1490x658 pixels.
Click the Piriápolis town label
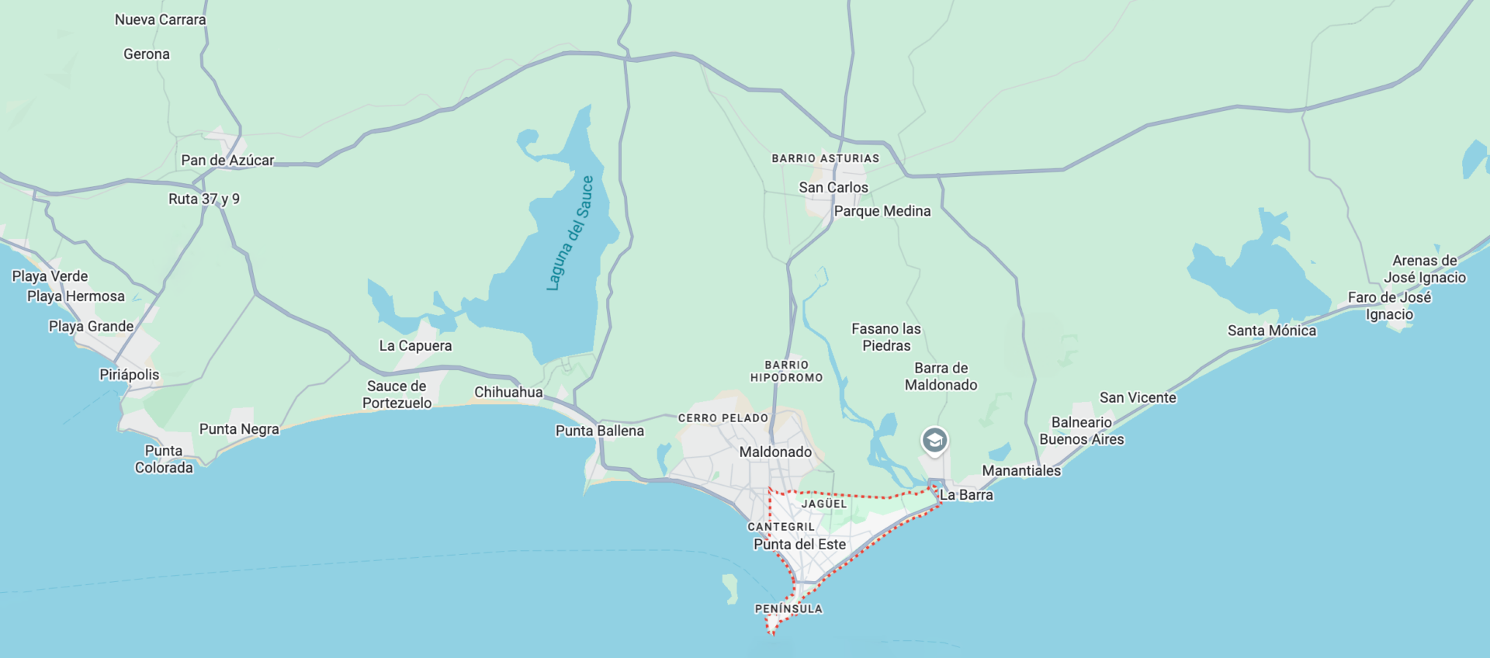pyautogui.click(x=129, y=375)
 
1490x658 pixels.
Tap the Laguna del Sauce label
pyautogui.click(x=570, y=234)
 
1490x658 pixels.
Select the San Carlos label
pyautogui.click(x=833, y=188)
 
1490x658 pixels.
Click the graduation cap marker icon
pyautogui.click(x=934, y=441)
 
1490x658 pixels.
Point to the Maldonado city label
pyautogui.click(x=775, y=452)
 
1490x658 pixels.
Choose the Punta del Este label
pyautogui.click(x=799, y=545)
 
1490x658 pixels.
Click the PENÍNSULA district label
pyautogui.click(x=788, y=609)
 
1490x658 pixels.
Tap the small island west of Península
pyautogui.click(x=730, y=587)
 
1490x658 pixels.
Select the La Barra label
pyautogui.click(x=966, y=495)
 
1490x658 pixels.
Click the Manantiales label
pyautogui.click(x=1021, y=471)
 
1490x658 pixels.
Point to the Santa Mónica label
pyautogui.click(x=1271, y=331)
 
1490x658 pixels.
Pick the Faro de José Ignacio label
pyautogui.click(x=1389, y=306)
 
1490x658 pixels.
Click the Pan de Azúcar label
pyautogui.click(x=227, y=161)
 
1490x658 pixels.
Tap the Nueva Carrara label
pyautogui.click(x=161, y=20)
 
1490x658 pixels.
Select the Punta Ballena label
pyautogui.click(x=599, y=431)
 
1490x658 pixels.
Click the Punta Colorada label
pyautogui.click(x=164, y=459)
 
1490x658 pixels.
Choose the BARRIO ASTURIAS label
pyautogui.click(x=825, y=158)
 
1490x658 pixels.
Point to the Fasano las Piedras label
pyautogui.click(x=886, y=338)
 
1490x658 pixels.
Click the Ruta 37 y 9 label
pyautogui.click(x=204, y=199)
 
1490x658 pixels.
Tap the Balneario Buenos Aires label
pyautogui.click(x=1081, y=431)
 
